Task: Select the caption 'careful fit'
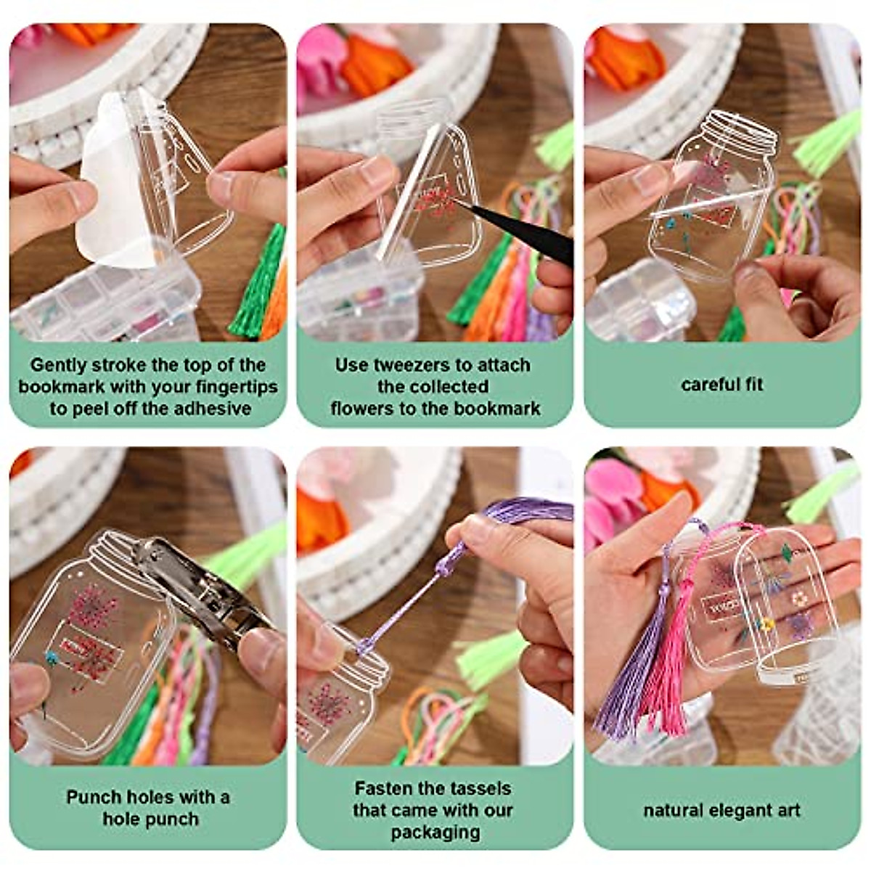pos(722,385)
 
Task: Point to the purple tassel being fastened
pos(508,512)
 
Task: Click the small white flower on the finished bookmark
pos(800,599)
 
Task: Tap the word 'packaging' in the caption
pos(435,832)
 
